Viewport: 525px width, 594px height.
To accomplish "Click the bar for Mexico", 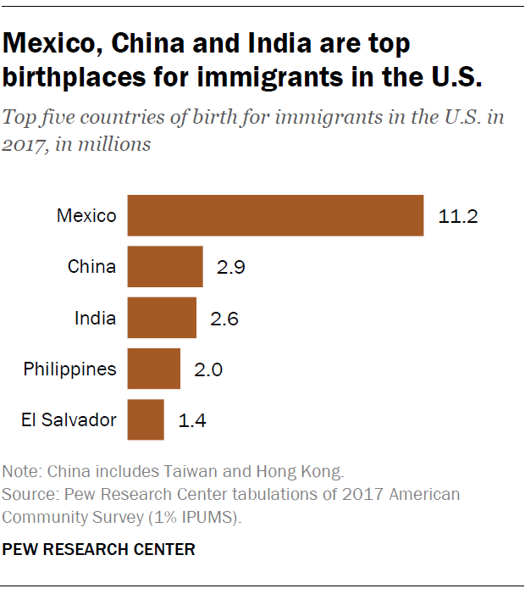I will click(275, 215).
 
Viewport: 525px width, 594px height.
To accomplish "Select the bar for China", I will click(165, 267).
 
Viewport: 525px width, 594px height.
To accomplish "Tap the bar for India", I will click(162, 318).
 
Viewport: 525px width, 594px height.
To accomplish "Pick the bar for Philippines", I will click(154, 369).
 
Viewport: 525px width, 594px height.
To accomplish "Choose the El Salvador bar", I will click(146, 419).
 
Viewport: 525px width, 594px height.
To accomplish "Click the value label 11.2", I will click(458, 216).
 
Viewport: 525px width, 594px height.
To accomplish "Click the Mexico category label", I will click(86, 216).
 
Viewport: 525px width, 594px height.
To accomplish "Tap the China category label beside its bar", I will click(91, 267).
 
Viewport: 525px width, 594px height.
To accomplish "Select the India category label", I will click(95, 319).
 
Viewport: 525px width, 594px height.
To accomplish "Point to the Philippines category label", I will click(69, 369).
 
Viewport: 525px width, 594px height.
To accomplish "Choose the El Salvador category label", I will click(69, 420).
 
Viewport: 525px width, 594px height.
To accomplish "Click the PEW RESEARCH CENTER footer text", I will click(99, 549).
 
